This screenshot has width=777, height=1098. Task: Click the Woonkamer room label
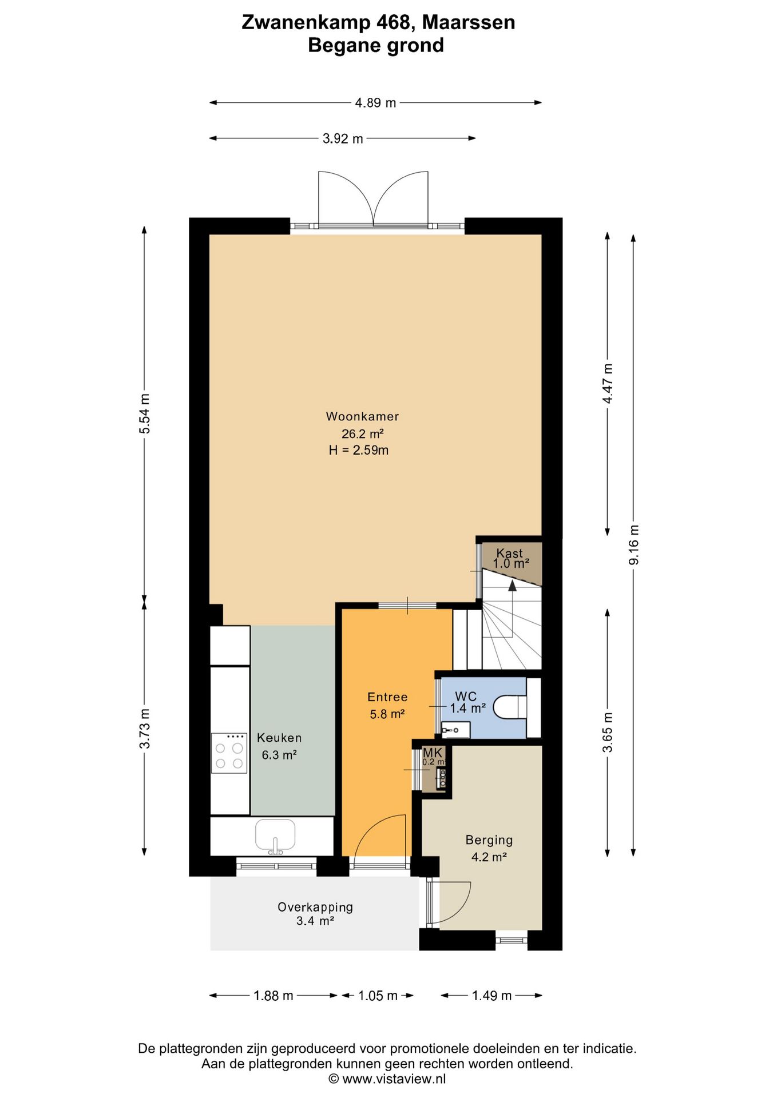coord(362,416)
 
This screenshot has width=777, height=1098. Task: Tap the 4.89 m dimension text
coord(375,103)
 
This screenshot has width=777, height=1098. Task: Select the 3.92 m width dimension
coord(343,138)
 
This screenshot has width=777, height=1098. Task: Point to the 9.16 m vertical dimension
coord(633,544)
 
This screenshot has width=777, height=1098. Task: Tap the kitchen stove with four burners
coord(229,753)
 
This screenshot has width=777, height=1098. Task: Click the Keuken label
coord(279,738)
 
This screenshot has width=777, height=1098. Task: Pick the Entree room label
coord(387,697)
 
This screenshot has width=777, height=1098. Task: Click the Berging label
coord(489,840)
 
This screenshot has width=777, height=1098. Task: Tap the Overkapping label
coord(315,907)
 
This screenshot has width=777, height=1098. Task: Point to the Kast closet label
coord(509,553)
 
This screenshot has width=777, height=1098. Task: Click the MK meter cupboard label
coord(433,753)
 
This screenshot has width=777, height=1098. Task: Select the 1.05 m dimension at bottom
coord(378,996)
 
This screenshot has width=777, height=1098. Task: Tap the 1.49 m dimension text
coord(491,996)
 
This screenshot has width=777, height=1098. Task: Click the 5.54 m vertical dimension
coord(145,413)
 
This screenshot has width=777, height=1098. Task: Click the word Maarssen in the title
coord(469,22)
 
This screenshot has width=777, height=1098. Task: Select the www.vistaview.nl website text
coord(394,1079)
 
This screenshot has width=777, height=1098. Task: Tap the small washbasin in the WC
coord(455,730)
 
